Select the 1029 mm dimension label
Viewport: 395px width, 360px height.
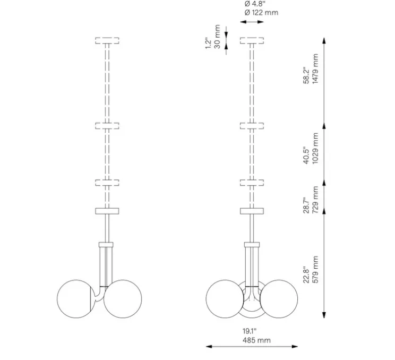click(x=316, y=149)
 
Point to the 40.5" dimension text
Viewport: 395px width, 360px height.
click(x=307, y=156)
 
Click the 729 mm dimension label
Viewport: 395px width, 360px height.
click(x=316, y=199)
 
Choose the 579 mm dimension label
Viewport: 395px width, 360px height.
click(x=316, y=270)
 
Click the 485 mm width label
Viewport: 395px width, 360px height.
click(x=253, y=340)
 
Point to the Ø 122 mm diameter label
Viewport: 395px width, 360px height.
click(x=261, y=12)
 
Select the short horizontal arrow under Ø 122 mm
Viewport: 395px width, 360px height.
click(x=253, y=22)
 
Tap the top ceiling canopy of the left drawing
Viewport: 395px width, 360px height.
click(x=107, y=40)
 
